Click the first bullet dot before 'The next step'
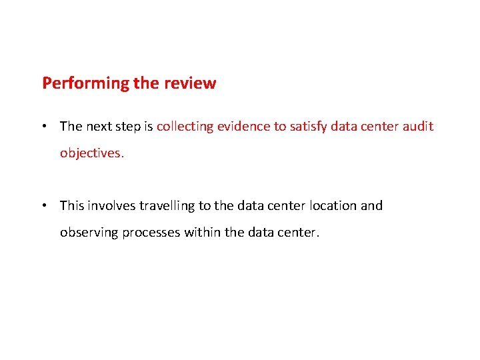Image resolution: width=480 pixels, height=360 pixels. pyautogui.click(x=44, y=126)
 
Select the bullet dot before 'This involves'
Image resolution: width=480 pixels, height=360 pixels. pyautogui.click(x=44, y=206)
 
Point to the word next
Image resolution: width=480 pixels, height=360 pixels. pyautogui.click(x=99, y=126)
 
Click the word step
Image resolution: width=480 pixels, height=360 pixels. pyautogui.click(x=129, y=127)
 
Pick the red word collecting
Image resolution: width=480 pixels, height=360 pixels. pyautogui.click(x=185, y=126)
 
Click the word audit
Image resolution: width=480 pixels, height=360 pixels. pyautogui.click(x=417, y=126)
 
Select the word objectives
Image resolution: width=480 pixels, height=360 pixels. pyautogui.click(x=91, y=153)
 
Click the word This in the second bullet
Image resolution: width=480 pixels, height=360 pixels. pyautogui.click(x=71, y=205)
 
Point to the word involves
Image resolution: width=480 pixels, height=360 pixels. pyautogui.click(x=111, y=205)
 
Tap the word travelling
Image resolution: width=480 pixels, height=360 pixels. pyautogui.click(x=167, y=206)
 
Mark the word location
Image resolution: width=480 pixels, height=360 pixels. pyautogui.click(x=332, y=205)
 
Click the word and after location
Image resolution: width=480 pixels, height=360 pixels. pyautogui.click(x=372, y=205)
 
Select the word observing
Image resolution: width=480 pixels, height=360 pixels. pyautogui.click(x=89, y=233)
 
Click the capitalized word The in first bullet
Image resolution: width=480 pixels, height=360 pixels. pyautogui.click(x=71, y=126)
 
